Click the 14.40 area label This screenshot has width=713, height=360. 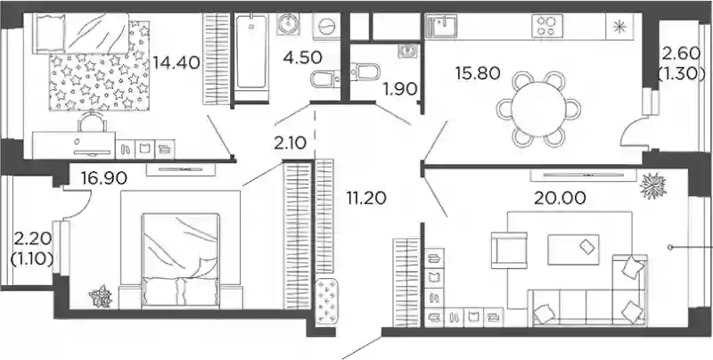click(x=176, y=62)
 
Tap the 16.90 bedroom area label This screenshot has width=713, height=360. click(x=104, y=178)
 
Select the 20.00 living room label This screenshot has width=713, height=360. click(x=560, y=198)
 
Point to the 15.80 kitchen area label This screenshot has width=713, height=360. click(x=478, y=73)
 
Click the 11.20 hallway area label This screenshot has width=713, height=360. click(x=366, y=198)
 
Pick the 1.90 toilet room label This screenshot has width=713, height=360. click(x=400, y=89)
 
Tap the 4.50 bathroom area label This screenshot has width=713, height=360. click(x=302, y=58)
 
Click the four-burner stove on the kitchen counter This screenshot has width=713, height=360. click(x=547, y=26)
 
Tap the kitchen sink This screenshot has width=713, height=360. click(x=441, y=26)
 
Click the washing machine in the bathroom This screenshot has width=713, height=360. click(x=326, y=27)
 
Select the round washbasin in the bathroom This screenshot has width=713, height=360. click(x=287, y=24)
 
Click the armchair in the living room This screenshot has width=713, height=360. click(x=509, y=250)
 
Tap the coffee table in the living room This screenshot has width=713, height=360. click(x=573, y=250)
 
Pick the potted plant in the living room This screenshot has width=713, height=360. click(x=653, y=185)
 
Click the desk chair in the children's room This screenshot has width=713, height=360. click(x=92, y=122)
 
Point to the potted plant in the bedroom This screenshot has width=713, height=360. click(x=101, y=297)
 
